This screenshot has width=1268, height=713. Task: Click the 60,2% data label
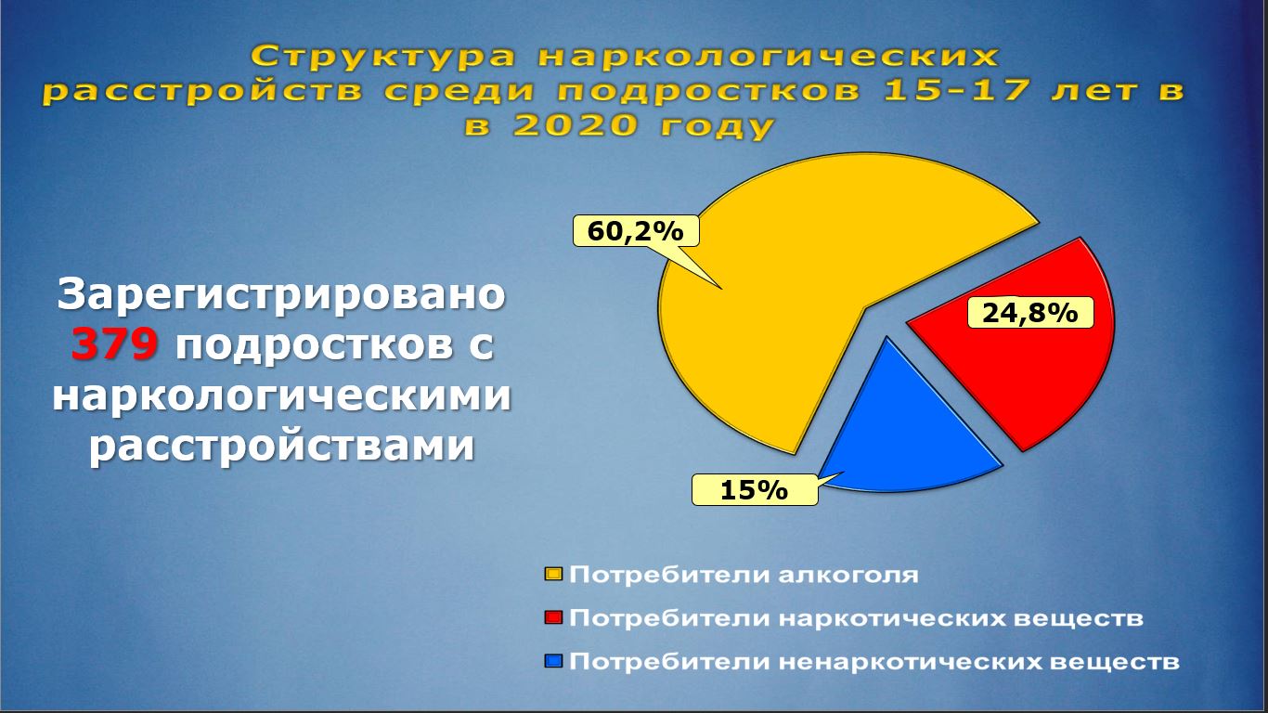point(636,231)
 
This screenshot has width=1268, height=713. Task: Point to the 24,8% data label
point(1030,313)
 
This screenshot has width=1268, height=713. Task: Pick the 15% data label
point(755,490)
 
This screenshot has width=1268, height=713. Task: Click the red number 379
point(114,344)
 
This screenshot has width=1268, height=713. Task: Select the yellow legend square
point(553,575)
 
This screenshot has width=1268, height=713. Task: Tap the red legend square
point(553,617)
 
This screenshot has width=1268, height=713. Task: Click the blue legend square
point(553,661)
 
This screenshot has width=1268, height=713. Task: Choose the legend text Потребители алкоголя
point(744,575)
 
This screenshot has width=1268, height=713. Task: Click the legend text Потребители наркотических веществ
point(856,618)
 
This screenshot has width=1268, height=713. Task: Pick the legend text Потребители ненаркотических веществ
point(874,661)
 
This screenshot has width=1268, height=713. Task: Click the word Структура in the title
point(383,58)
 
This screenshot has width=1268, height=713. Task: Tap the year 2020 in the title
point(576,125)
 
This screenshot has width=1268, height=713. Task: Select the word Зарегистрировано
point(281,294)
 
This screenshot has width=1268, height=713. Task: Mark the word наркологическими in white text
point(281,395)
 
